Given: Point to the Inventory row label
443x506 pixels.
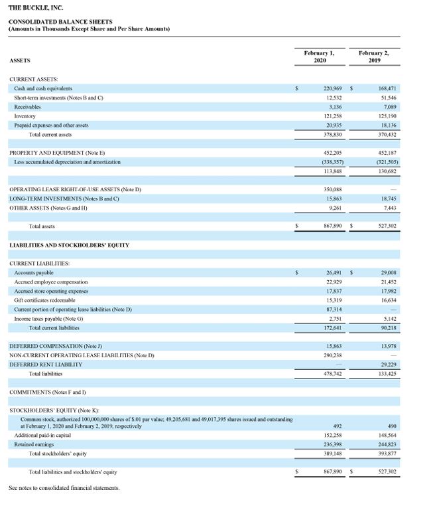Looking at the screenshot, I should (26, 116).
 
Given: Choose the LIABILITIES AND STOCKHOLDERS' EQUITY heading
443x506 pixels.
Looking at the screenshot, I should (69, 245).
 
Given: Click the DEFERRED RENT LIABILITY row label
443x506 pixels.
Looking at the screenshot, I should (46, 365).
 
